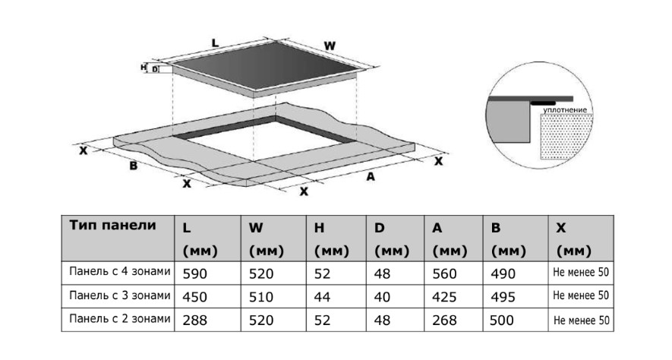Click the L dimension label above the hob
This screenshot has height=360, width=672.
pos(215,43)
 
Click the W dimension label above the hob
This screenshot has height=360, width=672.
pos(330,46)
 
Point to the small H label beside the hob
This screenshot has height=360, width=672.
pos(144,68)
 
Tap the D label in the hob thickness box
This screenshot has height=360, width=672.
pos(155,69)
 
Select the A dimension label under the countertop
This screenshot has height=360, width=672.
pos(371,176)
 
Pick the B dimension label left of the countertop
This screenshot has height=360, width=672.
pos(134,166)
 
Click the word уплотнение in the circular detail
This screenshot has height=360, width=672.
pos(565,110)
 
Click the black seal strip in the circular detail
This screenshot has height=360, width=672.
pos(543,103)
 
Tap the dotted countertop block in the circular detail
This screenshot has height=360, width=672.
pos(566,136)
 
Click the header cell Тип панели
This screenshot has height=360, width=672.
pos(112,225)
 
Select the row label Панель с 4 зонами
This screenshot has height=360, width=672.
pos(119,271)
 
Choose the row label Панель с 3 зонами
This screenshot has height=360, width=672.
pos(119,295)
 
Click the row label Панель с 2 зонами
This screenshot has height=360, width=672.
pos(119,319)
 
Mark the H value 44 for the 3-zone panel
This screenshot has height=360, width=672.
pos(322,297)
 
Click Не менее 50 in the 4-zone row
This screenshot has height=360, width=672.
pos(581,272)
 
